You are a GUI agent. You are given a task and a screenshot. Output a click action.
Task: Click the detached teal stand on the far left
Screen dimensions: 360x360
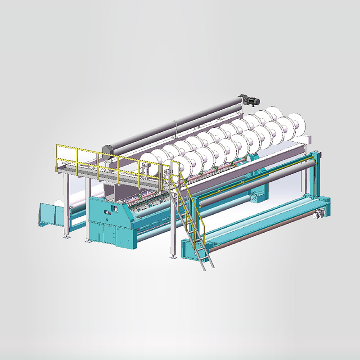tap(48, 215)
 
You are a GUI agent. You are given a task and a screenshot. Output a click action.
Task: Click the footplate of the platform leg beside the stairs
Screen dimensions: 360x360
tap(172, 258)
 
